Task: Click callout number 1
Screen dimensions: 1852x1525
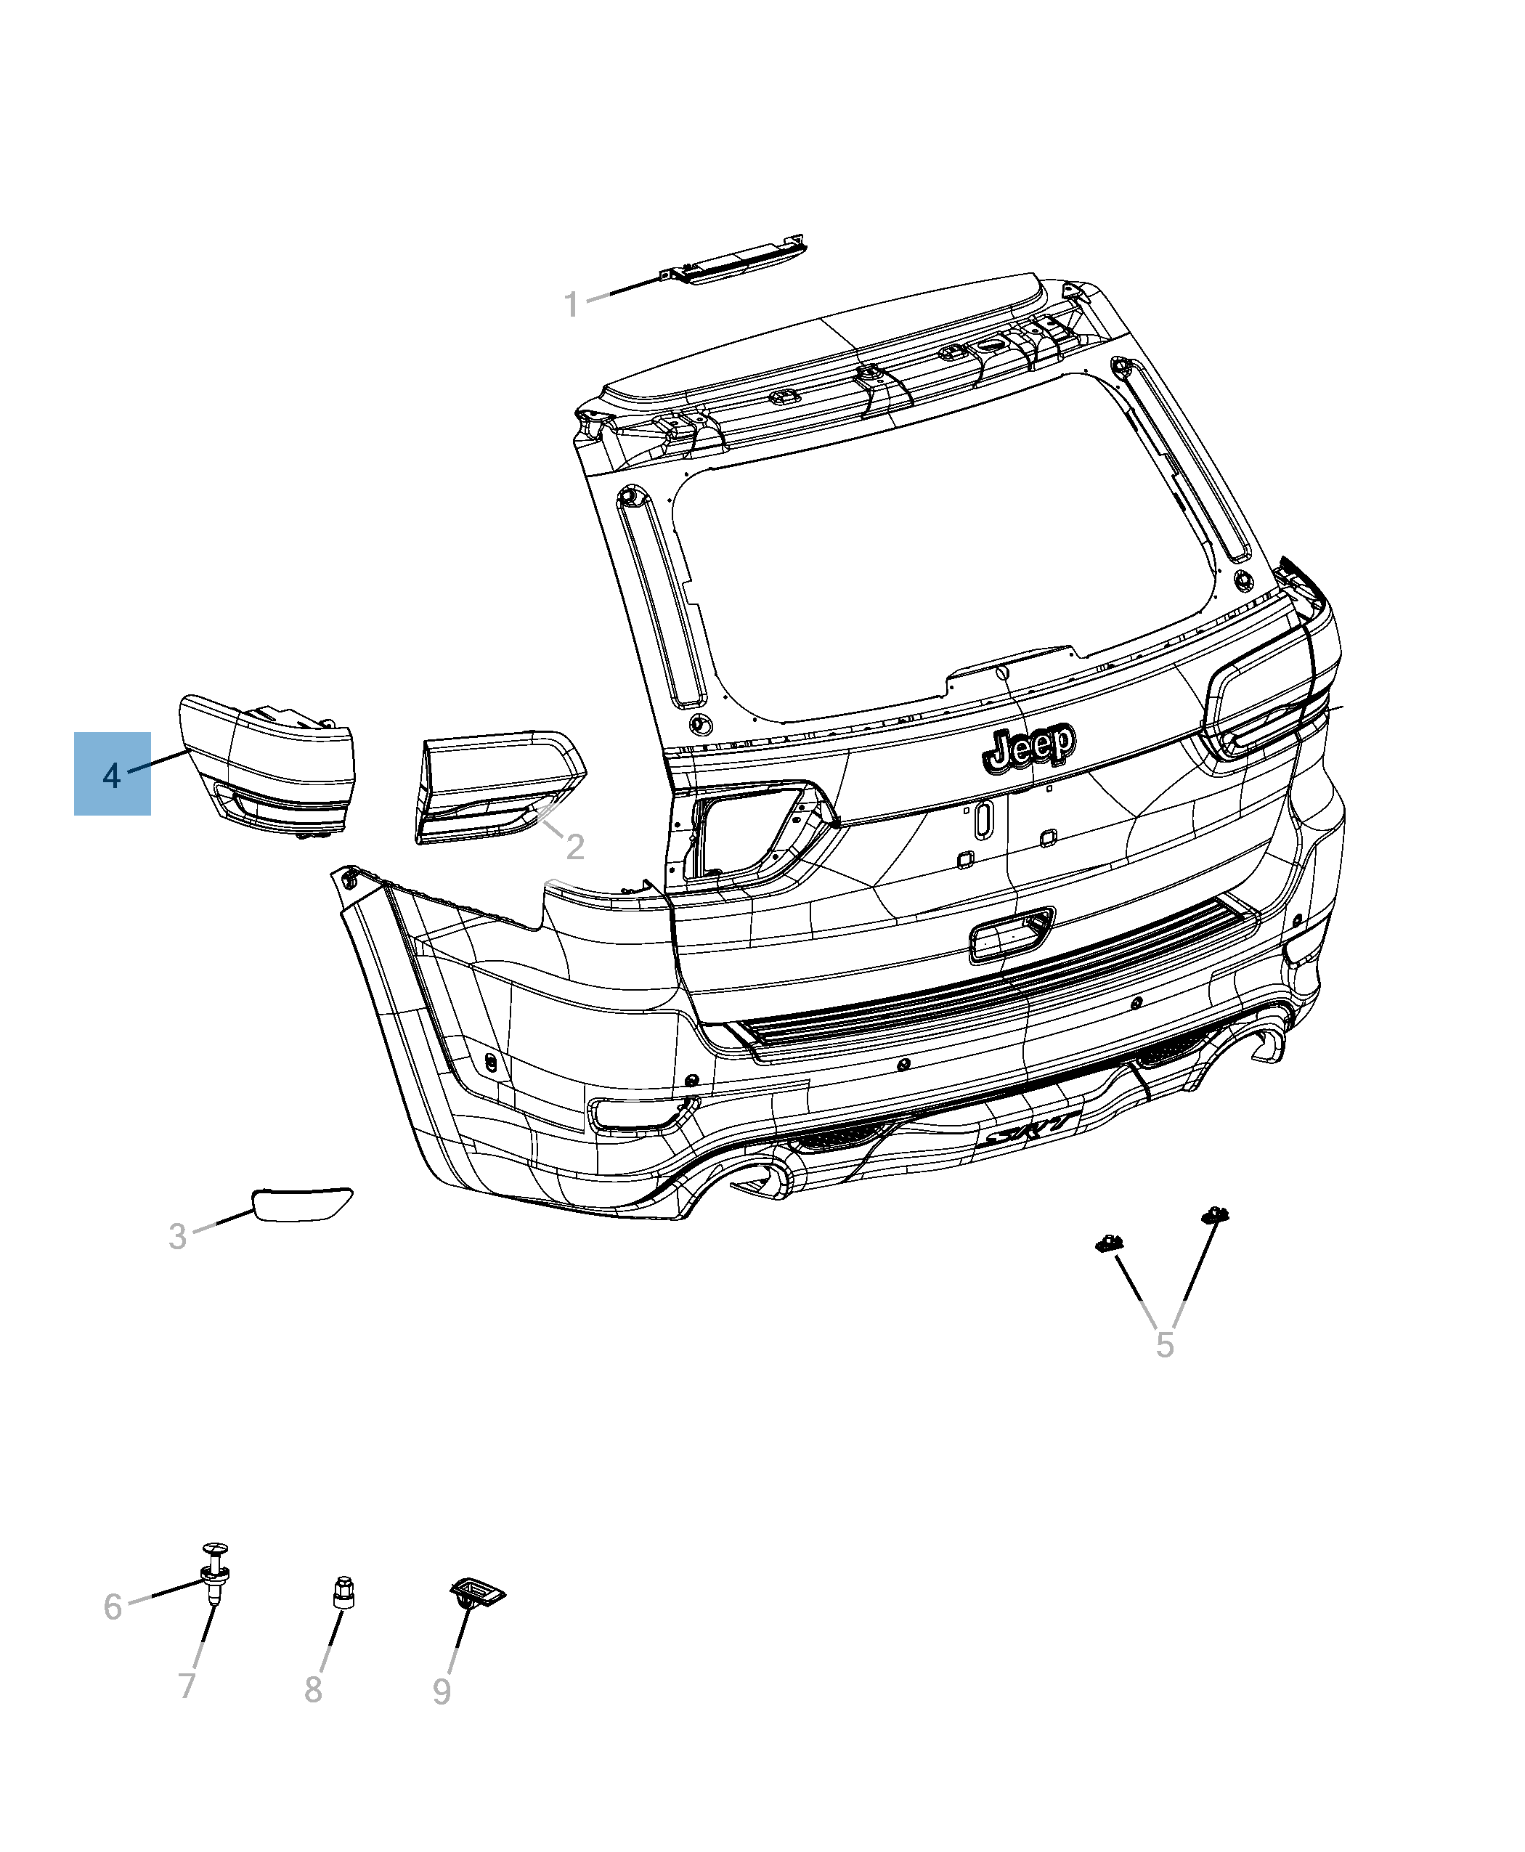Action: pos(571,305)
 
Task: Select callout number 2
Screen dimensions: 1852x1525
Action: pos(574,847)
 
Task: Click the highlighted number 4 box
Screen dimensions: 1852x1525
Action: pos(112,774)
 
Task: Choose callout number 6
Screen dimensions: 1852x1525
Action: pos(113,1607)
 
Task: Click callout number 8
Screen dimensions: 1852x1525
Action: pos(314,1689)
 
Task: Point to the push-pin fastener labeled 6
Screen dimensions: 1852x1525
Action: pos(214,1579)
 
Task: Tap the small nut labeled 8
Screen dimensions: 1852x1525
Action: pos(343,1593)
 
